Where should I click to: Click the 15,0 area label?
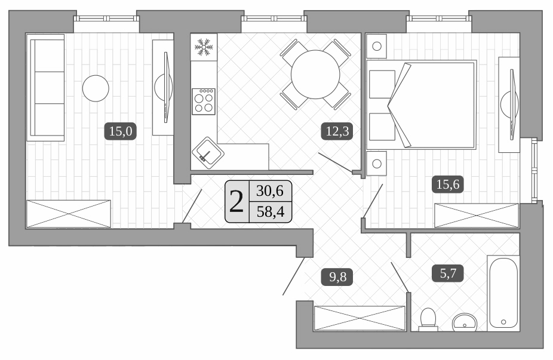pos(120,131)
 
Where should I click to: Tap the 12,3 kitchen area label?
pos(337,131)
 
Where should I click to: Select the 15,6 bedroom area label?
pos(448,184)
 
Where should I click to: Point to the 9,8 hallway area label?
pos(337,277)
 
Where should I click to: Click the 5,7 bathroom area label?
pos(448,273)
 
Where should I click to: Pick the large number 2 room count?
pos(236,202)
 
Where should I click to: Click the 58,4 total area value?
pos(271,212)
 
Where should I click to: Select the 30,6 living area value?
pos(270,191)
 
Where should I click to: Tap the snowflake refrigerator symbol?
pos(204,47)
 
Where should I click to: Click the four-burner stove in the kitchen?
pos(204,101)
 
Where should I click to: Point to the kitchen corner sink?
pos(208,153)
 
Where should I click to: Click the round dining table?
pos(315,75)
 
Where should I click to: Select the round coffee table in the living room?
pos(96,88)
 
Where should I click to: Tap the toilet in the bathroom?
pos(428,320)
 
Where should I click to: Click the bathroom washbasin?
pos(465,322)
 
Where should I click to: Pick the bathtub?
pos(503,293)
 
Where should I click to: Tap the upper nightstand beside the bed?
pos(377,46)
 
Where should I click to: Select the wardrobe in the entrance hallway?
pos(360,318)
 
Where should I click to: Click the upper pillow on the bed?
pos(382,84)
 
